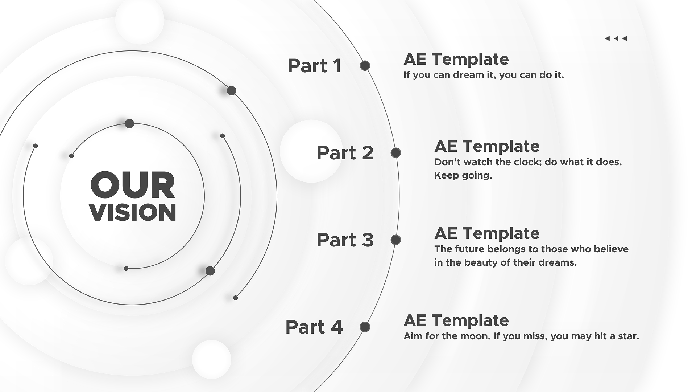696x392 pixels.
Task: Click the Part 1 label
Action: click(x=314, y=66)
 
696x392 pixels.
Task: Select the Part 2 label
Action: click(x=345, y=153)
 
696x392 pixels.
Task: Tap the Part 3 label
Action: click(x=345, y=240)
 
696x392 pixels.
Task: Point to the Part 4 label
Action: click(x=314, y=327)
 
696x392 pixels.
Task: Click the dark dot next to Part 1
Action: click(x=365, y=66)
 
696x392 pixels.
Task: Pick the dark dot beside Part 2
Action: click(x=396, y=153)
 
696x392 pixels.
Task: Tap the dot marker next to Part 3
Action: click(x=396, y=240)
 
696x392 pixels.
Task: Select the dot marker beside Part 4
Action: click(x=365, y=327)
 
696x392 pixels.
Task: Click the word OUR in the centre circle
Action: click(x=133, y=185)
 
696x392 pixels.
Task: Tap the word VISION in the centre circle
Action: click(x=133, y=212)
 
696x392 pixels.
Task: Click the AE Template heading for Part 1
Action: click(x=456, y=59)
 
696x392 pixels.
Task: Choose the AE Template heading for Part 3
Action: click(x=487, y=233)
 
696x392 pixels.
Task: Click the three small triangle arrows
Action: click(x=616, y=38)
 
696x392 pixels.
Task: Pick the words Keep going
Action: click(x=463, y=176)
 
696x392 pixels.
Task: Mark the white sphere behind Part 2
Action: click(x=311, y=151)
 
